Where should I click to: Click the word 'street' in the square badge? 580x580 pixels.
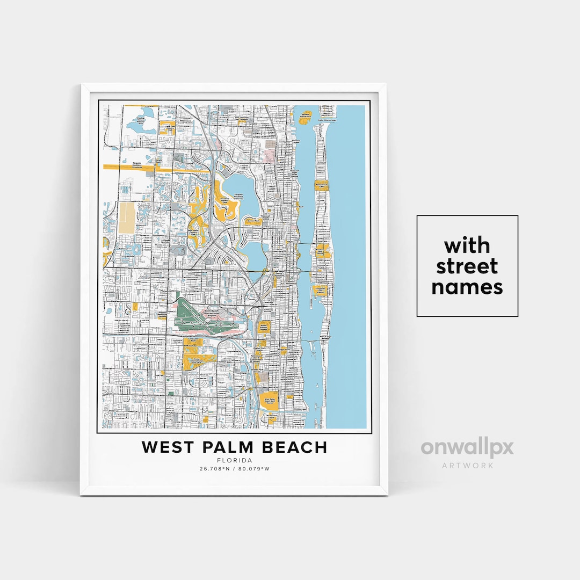point(467,266)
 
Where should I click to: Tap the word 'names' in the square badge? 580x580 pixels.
point(467,287)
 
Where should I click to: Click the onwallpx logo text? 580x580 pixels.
point(467,447)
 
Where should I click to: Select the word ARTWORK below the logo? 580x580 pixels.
point(467,465)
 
